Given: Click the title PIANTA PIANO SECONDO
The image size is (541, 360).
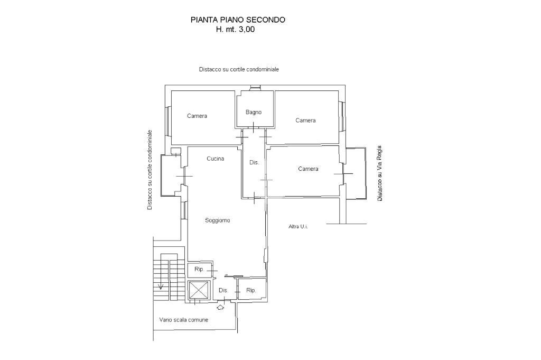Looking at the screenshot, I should click(x=238, y=20).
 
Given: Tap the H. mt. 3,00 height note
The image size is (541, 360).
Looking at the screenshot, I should click(x=235, y=30).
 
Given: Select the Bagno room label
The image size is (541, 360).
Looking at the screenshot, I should click(x=254, y=112).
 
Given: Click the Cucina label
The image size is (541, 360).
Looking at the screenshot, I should click(x=215, y=159).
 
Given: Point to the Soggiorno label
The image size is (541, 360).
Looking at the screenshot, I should click(x=218, y=220).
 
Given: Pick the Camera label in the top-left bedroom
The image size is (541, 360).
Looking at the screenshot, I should click(x=197, y=116).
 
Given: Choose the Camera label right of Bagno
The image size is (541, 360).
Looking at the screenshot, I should click(x=305, y=121).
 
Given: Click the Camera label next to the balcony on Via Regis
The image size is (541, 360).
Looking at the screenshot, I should click(x=308, y=169).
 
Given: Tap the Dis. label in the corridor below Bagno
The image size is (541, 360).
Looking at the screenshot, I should click(x=254, y=162).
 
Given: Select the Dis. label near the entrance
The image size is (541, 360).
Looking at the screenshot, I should click(x=223, y=290).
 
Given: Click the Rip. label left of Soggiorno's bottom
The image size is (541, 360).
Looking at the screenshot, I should click(x=199, y=269).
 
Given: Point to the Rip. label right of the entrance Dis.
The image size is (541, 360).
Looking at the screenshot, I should click(x=251, y=290).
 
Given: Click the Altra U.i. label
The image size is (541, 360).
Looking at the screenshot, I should click(x=298, y=226).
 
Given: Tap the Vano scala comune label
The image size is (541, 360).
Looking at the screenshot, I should click(x=184, y=320).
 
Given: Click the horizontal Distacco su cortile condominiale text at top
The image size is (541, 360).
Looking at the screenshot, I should click(x=239, y=69).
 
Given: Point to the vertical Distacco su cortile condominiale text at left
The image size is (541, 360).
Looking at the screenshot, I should click(x=150, y=170).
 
